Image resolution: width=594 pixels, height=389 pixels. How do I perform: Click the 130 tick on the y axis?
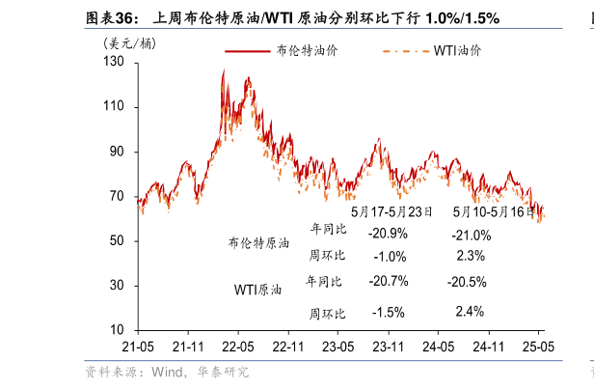[114, 62]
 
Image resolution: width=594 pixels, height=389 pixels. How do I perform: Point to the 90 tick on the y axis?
[118, 152]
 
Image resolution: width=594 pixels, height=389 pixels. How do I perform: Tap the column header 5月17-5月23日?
[391, 211]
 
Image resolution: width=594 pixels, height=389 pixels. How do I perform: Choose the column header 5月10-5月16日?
[494, 211]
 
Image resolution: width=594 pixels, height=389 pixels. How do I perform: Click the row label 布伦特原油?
[258, 244]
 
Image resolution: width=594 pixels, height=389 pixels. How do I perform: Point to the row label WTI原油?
[258, 290]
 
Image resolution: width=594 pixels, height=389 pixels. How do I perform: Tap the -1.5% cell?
[387, 312]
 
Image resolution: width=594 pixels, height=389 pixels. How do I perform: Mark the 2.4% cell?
[469, 311]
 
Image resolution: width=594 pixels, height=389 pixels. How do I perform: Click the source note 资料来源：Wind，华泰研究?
[166, 372]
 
